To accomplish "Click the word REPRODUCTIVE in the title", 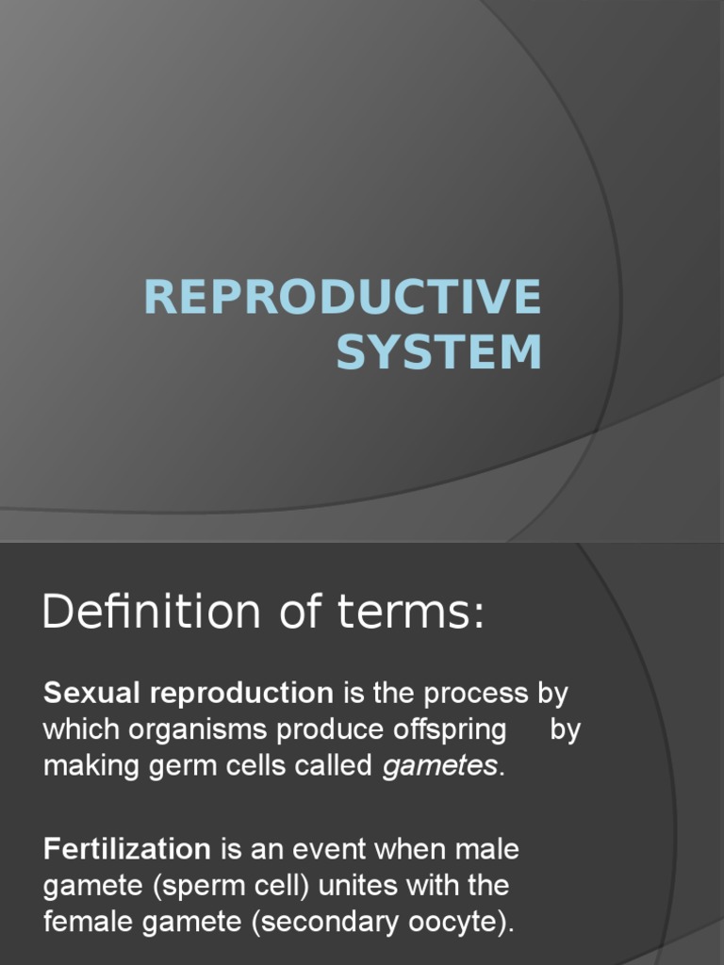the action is (x=343, y=296).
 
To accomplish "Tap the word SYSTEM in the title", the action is (x=439, y=352).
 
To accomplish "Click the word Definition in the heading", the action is (x=152, y=611).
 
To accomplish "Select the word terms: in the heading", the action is (x=411, y=613).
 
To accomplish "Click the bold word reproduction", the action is (x=242, y=695).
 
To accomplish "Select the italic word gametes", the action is (x=439, y=767).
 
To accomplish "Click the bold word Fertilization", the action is (x=127, y=849).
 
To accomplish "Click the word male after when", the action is (x=487, y=849).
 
